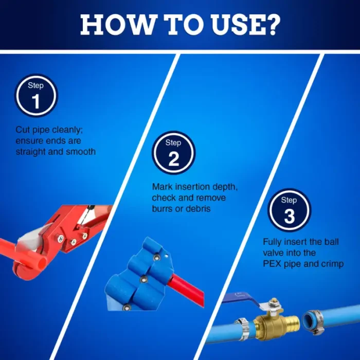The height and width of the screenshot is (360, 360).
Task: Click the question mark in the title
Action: click(x=272, y=24)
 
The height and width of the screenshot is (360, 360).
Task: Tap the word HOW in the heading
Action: click(x=116, y=25)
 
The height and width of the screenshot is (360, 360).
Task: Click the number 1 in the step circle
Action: click(x=36, y=101)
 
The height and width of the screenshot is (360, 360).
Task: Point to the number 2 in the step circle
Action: click(x=174, y=159)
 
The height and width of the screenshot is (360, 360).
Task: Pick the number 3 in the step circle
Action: click(x=289, y=217)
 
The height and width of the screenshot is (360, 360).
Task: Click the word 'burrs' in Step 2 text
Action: click(x=161, y=208)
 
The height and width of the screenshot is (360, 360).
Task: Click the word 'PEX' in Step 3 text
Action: click(x=272, y=263)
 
